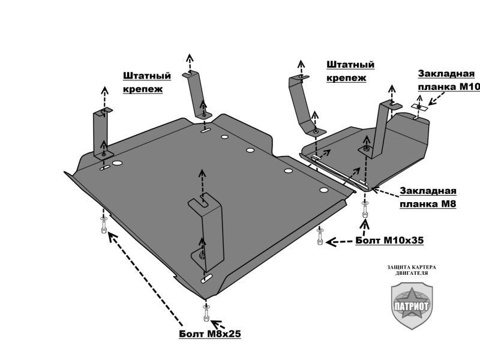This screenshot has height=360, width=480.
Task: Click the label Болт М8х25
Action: (209, 334)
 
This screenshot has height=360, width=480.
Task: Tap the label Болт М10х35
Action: (389, 240)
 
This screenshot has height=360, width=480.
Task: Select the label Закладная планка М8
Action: (428, 197)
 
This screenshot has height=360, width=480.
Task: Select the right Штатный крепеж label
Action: (350, 70)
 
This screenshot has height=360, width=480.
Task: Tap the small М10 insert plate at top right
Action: (421, 107)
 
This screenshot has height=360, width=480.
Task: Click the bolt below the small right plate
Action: (364, 212)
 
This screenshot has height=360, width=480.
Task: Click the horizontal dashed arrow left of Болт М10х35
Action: (340, 241)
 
